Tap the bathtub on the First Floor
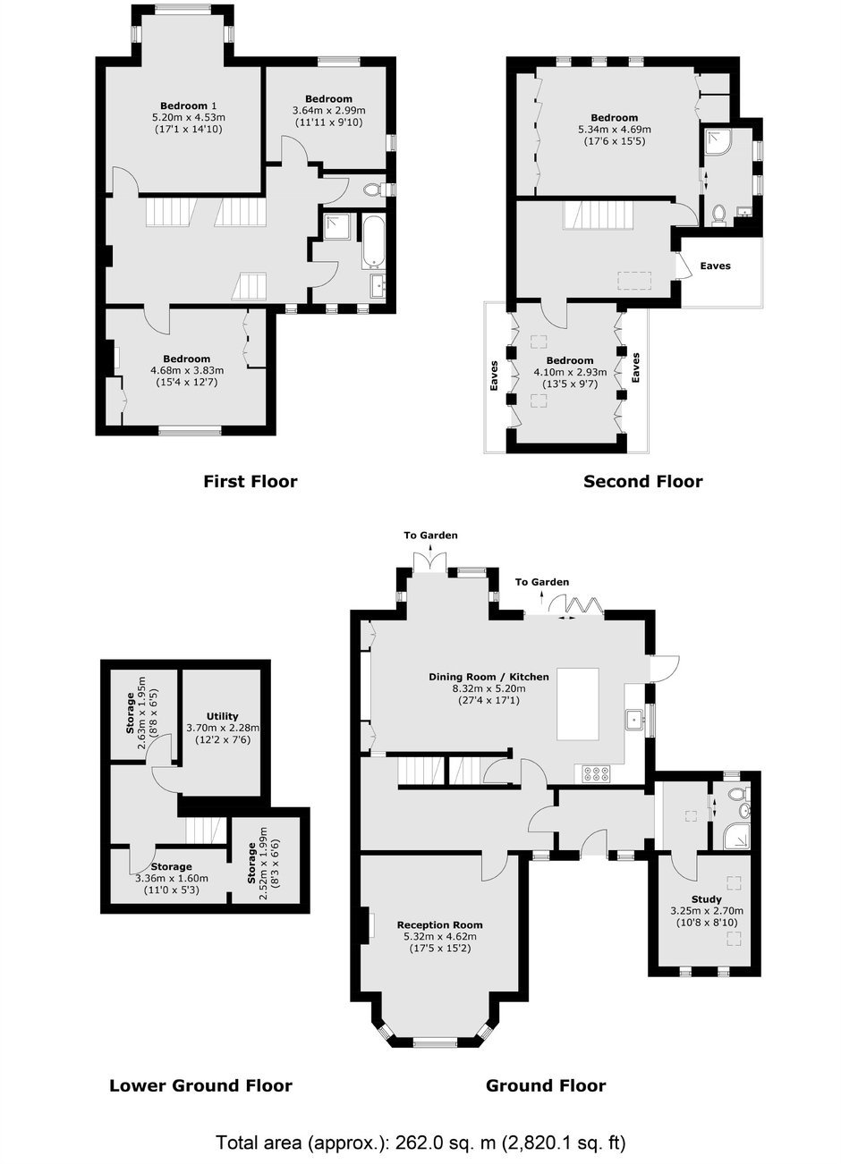373,241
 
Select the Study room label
706,899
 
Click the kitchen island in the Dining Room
577,704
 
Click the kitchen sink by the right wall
635,719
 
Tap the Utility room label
222,716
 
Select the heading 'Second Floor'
643,481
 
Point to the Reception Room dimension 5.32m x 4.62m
440,936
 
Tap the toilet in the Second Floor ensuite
719,214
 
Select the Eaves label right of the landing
715,266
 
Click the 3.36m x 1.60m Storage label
172,878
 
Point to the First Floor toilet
376,190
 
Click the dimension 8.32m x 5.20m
488,688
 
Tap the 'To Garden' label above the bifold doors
542,582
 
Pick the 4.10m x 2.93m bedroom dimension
570,372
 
